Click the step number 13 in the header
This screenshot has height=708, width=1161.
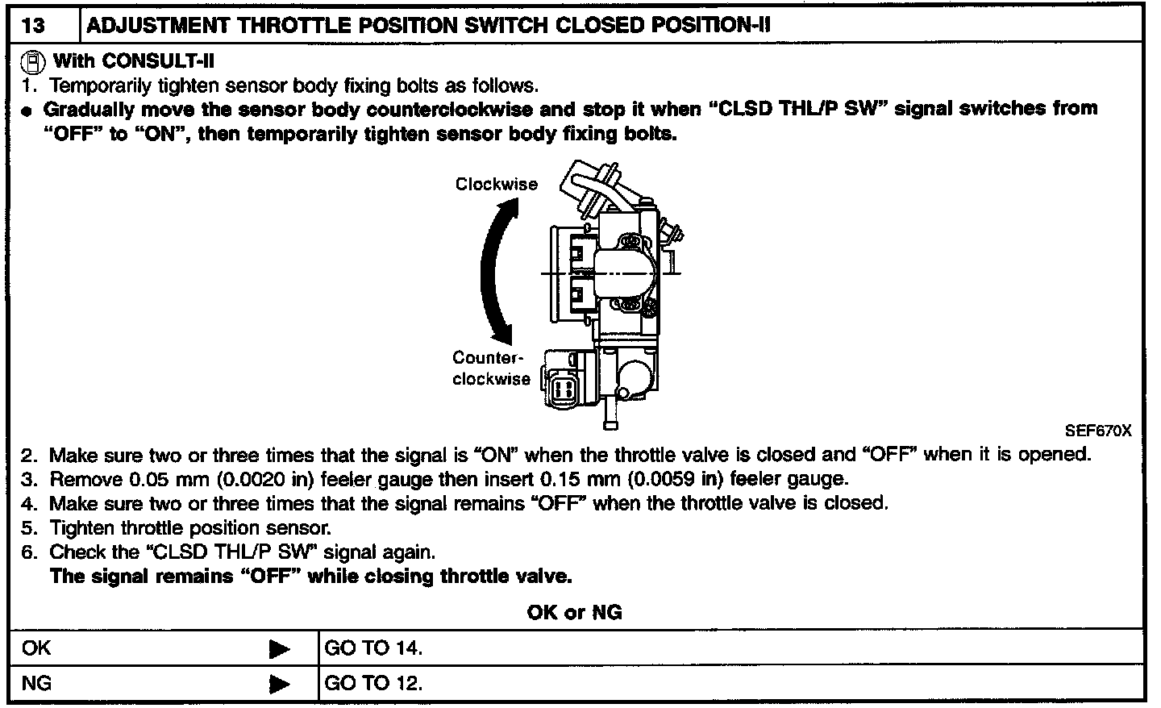pyautogui.click(x=34, y=25)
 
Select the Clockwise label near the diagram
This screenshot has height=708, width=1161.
pyautogui.click(x=496, y=184)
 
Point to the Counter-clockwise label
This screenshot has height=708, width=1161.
pyautogui.click(x=491, y=369)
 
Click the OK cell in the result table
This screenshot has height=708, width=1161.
pyautogui.click(x=37, y=648)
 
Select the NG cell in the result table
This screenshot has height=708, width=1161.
pyautogui.click(x=37, y=683)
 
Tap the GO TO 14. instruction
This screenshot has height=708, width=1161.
pyautogui.click(x=373, y=648)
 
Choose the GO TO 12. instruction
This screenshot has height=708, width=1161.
pyautogui.click(x=373, y=683)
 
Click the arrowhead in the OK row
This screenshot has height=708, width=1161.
pyautogui.click(x=279, y=649)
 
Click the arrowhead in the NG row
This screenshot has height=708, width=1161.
pyautogui.click(x=279, y=685)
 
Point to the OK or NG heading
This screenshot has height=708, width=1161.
pyautogui.click(x=574, y=612)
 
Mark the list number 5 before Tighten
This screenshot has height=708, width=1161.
pyautogui.click(x=29, y=529)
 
